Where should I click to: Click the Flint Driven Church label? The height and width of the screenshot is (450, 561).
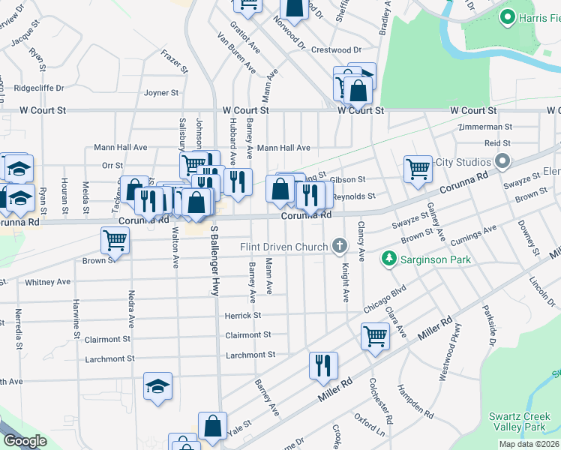283,247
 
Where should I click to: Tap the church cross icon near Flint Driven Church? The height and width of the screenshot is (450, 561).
340,246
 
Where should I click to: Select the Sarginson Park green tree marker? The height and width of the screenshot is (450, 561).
388,259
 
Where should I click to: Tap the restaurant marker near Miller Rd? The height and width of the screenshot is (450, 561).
324,365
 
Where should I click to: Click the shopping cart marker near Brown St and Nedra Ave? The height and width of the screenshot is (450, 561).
115,240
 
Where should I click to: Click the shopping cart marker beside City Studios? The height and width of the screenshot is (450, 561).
418,168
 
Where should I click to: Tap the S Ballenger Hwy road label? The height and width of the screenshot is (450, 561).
214,259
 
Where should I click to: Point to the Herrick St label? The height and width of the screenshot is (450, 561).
242,316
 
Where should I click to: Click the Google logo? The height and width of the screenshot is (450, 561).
25,441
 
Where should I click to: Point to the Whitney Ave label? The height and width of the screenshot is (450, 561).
47,283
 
